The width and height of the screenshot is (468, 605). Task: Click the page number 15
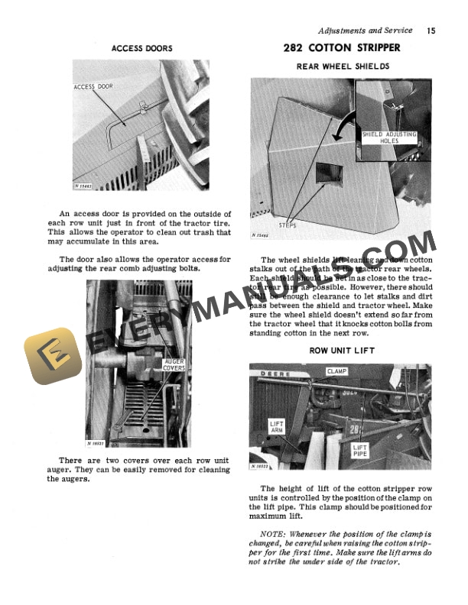[431, 31]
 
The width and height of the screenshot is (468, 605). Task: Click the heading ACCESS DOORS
[142, 48]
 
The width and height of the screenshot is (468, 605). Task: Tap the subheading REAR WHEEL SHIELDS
[343, 66]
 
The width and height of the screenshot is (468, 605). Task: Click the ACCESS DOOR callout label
[93, 87]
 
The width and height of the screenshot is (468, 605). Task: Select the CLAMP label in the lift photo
[336, 371]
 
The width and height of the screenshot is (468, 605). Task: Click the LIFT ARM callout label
[277, 425]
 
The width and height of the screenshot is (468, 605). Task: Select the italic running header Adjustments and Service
[366, 31]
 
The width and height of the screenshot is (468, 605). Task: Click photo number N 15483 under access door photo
[84, 186]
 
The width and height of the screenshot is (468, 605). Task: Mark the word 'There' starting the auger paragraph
[70, 460]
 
